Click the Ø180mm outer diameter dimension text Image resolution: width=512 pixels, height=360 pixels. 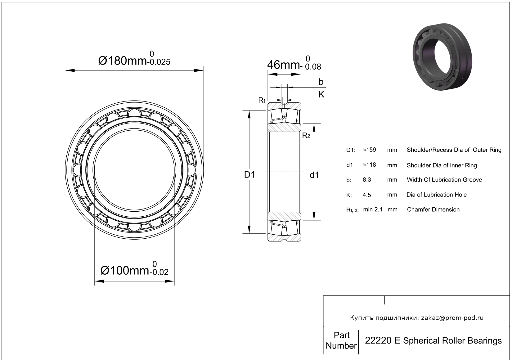pyautogui.click(x=123, y=61)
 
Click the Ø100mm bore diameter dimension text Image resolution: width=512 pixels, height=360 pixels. pyautogui.click(x=125, y=271)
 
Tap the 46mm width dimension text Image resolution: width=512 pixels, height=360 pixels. pyautogui.click(x=283, y=65)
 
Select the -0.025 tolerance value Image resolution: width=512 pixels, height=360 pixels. pyautogui.click(x=159, y=62)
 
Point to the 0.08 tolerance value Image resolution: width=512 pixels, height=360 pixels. pyautogui.click(x=313, y=67)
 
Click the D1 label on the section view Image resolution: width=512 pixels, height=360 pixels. pyautogui.click(x=249, y=175)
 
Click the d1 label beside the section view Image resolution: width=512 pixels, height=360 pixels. pyautogui.click(x=314, y=175)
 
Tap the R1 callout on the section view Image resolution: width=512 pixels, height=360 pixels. pyautogui.click(x=262, y=100)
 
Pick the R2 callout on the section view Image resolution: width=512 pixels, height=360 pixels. pyautogui.click(x=306, y=136)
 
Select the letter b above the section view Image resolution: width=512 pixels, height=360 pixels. pyautogui.click(x=321, y=82)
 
